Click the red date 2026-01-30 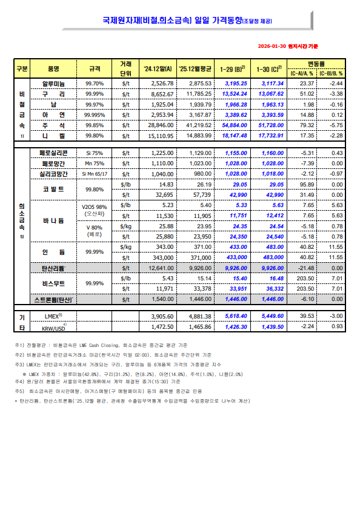click(272, 46)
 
